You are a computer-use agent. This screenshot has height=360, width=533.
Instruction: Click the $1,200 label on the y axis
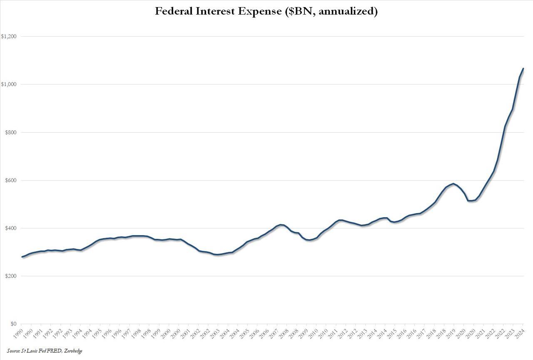tap(9, 37)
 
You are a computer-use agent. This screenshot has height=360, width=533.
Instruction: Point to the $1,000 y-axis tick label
tap(9, 84)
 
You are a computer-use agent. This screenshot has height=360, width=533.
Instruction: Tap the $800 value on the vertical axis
tap(10, 132)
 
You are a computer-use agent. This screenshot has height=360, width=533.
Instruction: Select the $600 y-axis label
tap(10, 180)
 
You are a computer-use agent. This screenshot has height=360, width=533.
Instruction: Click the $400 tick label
tap(10, 228)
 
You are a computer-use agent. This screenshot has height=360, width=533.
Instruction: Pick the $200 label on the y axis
tap(10, 276)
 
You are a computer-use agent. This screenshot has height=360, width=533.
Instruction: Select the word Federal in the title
tap(174, 11)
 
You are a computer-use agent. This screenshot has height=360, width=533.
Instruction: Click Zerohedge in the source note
tap(74, 351)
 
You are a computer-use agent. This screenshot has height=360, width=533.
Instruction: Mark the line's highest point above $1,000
tap(523, 68)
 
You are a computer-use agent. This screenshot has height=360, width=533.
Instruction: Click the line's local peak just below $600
tap(453, 184)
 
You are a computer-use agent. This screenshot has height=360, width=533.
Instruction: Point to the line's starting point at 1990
tap(22, 257)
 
